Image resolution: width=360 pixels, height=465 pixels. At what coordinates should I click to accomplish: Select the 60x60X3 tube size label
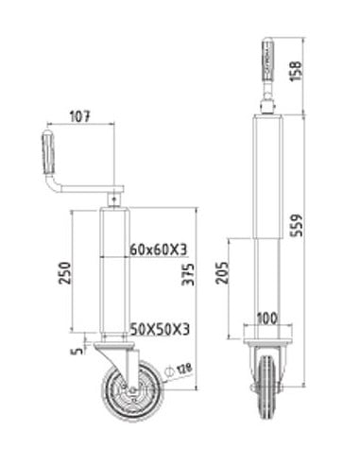coord(157,250)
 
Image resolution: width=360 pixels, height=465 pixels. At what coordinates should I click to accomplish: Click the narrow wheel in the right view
coord(267,387)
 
